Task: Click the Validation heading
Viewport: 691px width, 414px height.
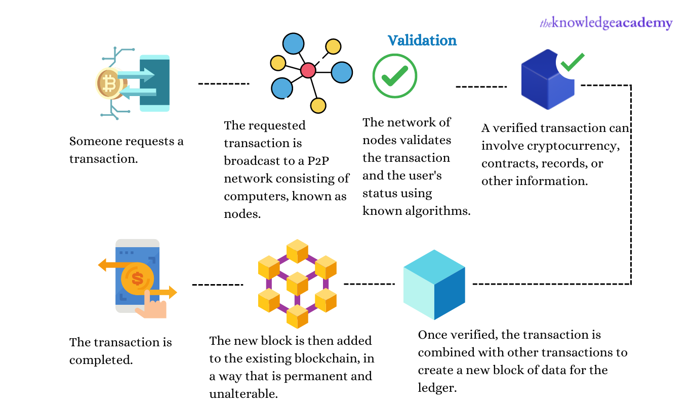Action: click(x=422, y=40)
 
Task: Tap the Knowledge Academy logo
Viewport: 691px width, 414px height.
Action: click(x=606, y=23)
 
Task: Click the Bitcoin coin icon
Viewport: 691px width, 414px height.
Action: click(x=108, y=83)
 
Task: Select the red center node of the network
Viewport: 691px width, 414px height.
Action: click(x=308, y=70)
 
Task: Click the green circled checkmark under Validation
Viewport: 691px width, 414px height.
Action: click(x=394, y=76)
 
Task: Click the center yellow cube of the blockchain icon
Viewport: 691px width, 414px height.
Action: click(x=297, y=283)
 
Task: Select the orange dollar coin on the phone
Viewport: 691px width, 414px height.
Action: click(x=137, y=278)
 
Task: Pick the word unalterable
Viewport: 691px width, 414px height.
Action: click(x=243, y=394)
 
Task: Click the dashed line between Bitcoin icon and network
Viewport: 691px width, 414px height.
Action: click(x=223, y=83)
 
